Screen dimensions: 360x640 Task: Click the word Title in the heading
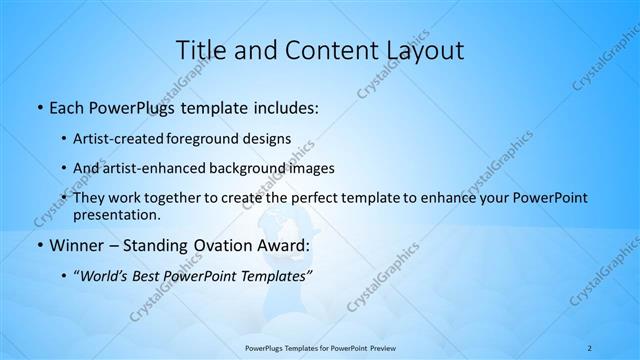pos(201,49)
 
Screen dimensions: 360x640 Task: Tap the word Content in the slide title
pos(323,49)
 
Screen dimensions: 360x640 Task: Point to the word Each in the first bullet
pos(68,106)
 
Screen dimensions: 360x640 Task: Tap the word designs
pos(267,138)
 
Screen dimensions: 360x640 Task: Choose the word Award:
pos(286,245)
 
